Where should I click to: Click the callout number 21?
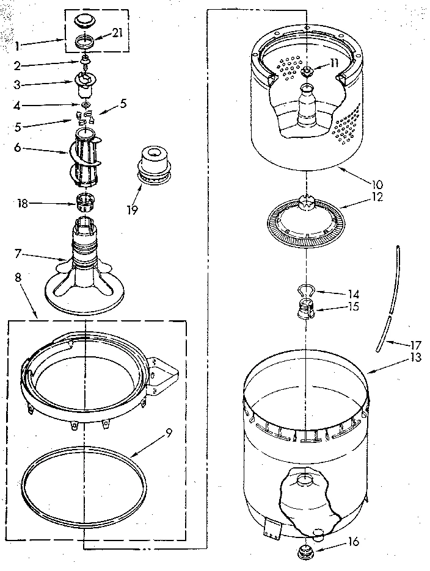click(x=117, y=32)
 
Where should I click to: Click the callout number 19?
click(x=132, y=209)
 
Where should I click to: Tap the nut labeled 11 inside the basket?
click(x=307, y=71)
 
